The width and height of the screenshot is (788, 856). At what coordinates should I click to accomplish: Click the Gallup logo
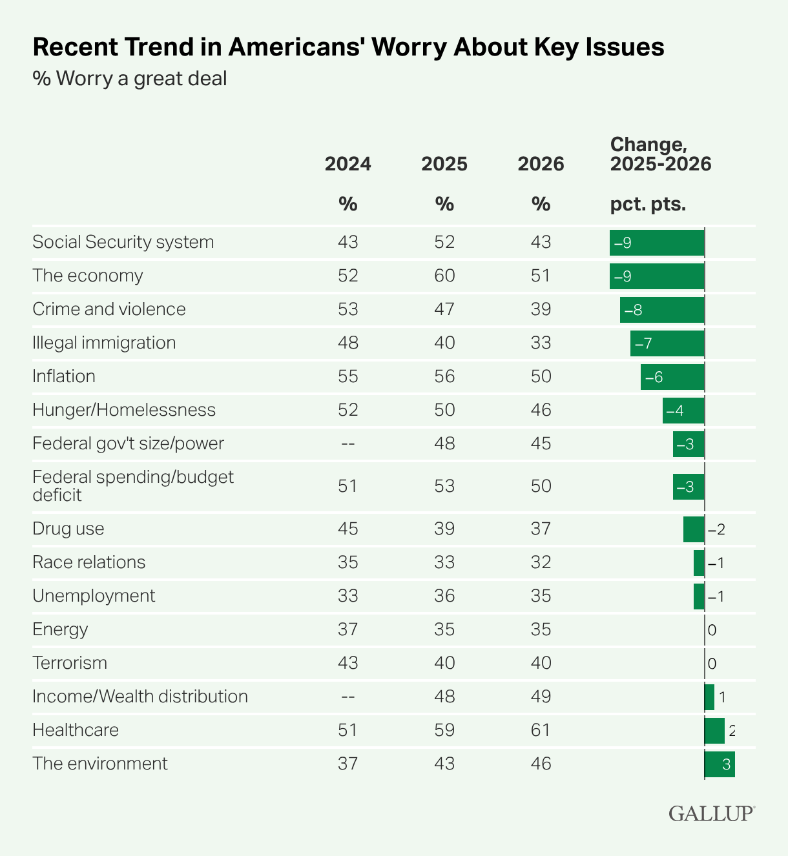click(711, 813)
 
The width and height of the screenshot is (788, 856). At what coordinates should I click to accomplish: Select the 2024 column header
click(347, 164)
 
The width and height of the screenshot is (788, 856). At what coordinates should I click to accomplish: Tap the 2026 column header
click(541, 164)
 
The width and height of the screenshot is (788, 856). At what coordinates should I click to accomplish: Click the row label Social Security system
click(123, 242)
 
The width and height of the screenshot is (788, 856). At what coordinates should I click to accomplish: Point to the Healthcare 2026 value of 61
click(541, 730)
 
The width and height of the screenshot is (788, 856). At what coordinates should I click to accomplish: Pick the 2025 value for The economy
click(444, 276)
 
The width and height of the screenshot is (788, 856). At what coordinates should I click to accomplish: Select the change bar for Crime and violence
click(662, 309)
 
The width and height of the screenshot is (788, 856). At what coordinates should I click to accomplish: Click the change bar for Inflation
click(672, 376)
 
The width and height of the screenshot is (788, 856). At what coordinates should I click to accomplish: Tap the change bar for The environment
click(720, 764)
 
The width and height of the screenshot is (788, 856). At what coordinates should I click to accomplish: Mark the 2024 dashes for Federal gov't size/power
click(347, 443)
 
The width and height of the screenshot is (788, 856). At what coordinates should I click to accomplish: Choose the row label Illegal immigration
click(104, 343)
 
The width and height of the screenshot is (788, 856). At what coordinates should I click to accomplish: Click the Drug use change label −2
click(716, 529)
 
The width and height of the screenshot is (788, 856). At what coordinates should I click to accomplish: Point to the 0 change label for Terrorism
click(712, 663)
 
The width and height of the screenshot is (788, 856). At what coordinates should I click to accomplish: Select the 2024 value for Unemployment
click(347, 596)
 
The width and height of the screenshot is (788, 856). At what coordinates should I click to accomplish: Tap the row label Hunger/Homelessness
click(124, 410)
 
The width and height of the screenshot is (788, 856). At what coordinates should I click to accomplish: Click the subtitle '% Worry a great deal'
click(130, 79)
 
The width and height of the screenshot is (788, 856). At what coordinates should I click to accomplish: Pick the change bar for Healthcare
click(714, 730)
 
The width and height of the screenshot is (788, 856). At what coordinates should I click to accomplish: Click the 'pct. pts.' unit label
click(648, 205)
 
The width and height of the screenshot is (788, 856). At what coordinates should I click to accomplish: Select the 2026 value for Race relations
click(541, 562)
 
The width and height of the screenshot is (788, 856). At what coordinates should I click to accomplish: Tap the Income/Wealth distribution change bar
click(709, 697)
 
